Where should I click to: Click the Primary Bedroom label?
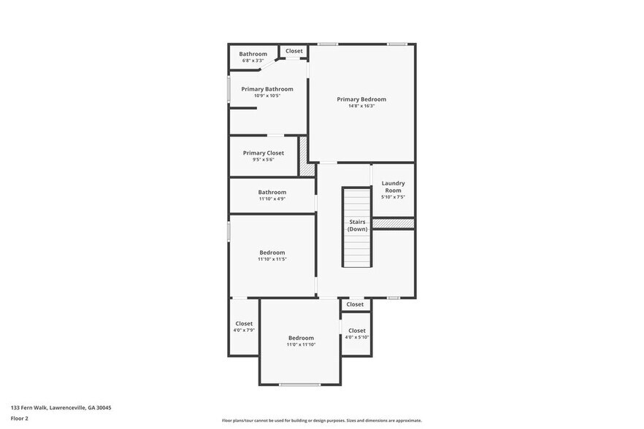point(361,99)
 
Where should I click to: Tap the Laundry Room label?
point(393,187)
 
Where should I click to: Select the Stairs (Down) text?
point(357,225)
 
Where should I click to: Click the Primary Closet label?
point(264,153)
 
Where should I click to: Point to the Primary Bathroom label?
point(267,89)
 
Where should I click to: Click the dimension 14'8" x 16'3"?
point(361,107)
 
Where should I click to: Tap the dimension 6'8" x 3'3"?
point(253,61)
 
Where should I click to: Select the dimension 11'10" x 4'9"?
point(272,198)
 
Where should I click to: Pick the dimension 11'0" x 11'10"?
point(301,344)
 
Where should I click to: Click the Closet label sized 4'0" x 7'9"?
point(244,323)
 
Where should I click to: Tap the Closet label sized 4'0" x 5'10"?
point(356,331)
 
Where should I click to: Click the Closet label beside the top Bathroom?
point(294,51)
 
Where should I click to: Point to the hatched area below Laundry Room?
point(394,223)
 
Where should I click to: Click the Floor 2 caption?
point(20,419)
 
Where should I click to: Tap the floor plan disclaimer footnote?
point(321,421)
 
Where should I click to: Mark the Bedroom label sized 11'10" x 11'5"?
point(272,252)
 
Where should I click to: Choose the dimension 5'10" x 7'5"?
point(393,197)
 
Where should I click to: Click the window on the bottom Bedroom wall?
point(300,384)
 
